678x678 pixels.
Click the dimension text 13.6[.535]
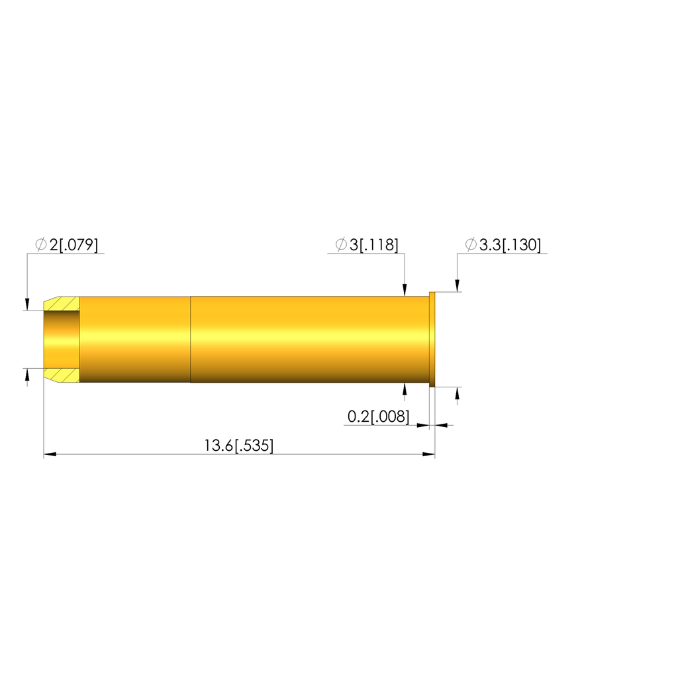[x=238, y=446]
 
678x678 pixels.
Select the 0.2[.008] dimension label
[x=378, y=417]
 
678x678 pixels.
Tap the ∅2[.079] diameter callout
[x=67, y=245]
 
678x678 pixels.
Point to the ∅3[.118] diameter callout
[x=367, y=245]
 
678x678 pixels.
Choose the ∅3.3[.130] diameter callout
[x=503, y=245]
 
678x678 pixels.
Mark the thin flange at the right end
[x=432, y=340]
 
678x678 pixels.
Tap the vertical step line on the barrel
[x=190, y=340]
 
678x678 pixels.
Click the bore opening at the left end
[x=62, y=340]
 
